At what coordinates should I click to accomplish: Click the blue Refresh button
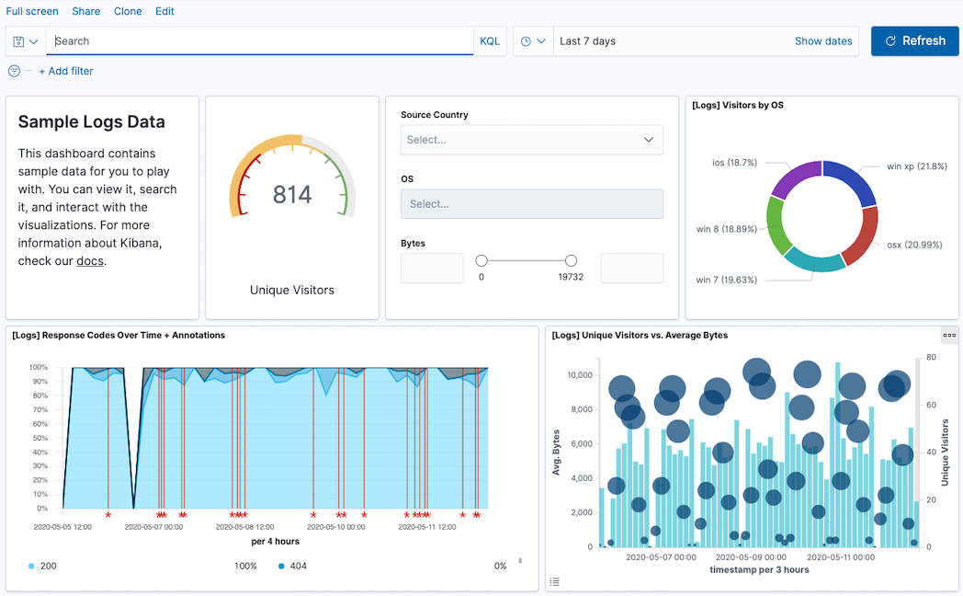tap(914, 41)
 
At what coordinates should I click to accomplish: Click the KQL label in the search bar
tap(490, 41)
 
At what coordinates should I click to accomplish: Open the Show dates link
tap(823, 41)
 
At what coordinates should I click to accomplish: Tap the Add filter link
tap(66, 71)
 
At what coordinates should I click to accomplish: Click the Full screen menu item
tap(32, 11)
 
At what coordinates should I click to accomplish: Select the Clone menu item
tap(128, 11)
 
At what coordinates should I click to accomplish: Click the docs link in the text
tap(89, 261)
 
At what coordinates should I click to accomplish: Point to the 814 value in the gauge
tap(292, 195)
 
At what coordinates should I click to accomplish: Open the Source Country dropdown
tap(531, 140)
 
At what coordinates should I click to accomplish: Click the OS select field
tap(531, 204)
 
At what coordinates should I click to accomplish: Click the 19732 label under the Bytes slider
tap(570, 277)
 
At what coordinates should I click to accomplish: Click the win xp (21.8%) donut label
tap(916, 166)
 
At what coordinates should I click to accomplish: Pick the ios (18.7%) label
tap(734, 163)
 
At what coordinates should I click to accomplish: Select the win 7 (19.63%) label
tap(726, 281)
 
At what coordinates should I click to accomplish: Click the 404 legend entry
tap(298, 566)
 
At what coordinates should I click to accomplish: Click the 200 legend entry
tap(48, 566)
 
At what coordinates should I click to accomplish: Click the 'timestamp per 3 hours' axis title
tap(759, 569)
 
